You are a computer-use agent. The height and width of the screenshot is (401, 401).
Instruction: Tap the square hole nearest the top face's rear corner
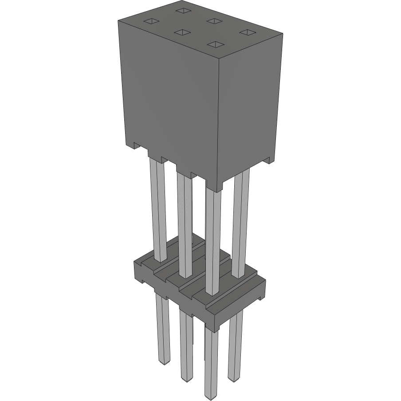point(182,10)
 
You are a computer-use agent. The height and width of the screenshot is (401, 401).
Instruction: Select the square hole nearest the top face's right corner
point(247,32)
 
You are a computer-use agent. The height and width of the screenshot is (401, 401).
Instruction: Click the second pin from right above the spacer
point(213,240)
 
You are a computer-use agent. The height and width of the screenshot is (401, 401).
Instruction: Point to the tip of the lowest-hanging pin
point(211,397)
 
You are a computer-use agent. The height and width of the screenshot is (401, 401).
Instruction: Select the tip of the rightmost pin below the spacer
point(234,379)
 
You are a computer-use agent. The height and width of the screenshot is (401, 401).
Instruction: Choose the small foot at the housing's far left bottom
point(135,146)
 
